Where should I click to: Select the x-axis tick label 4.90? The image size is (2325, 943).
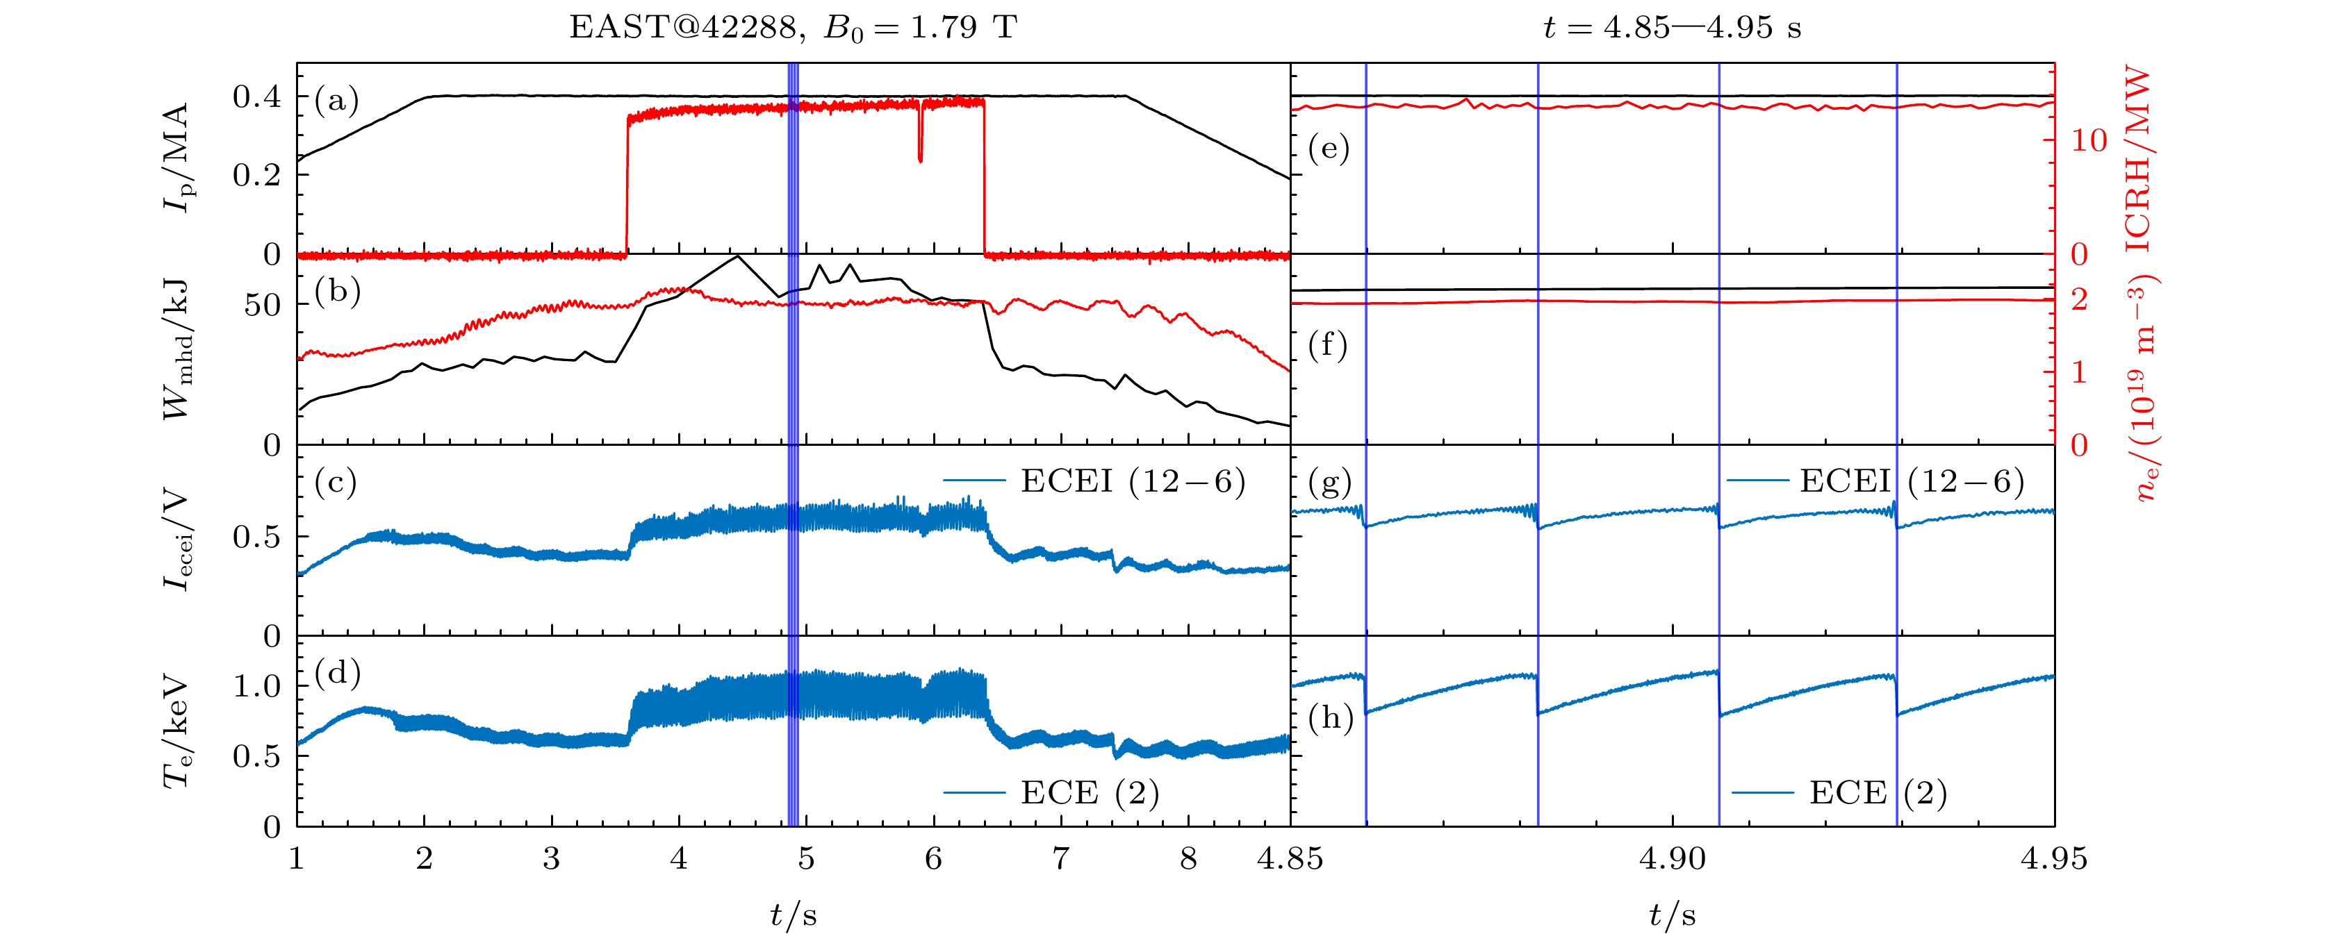click(1672, 858)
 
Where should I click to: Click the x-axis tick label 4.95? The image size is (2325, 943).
click(2053, 858)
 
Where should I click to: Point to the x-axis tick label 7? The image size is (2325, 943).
click(1060, 858)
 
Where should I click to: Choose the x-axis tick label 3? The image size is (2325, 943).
click(550, 858)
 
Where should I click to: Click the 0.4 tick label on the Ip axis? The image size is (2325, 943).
click(256, 97)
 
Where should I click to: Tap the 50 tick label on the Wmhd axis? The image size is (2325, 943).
click(262, 305)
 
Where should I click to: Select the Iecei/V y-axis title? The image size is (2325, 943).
click(177, 540)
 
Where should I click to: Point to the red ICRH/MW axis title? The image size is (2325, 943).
click(2137, 158)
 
